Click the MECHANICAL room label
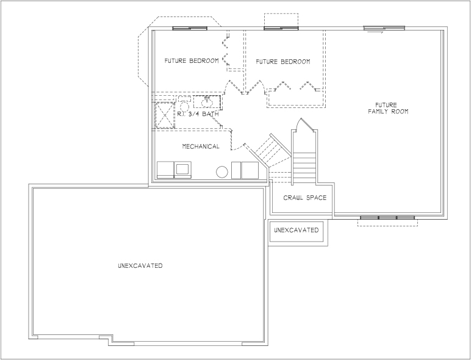[x=201, y=146]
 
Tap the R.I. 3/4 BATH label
[x=198, y=114]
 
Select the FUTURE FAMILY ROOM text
[x=388, y=108]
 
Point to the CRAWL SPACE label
[x=305, y=198]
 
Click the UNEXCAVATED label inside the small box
[x=296, y=230]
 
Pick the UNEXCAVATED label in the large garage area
[x=140, y=265]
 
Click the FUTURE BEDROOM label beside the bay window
[x=192, y=60]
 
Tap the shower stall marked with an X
[x=164, y=115]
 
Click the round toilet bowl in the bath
[x=184, y=106]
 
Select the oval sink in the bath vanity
[x=207, y=103]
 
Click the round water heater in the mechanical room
[x=222, y=172]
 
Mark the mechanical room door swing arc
[x=239, y=147]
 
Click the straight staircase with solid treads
[x=304, y=168]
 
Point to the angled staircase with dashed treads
[x=273, y=152]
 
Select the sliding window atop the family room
[x=384, y=28]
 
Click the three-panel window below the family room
[x=387, y=218]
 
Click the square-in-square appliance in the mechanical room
[x=182, y=170]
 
